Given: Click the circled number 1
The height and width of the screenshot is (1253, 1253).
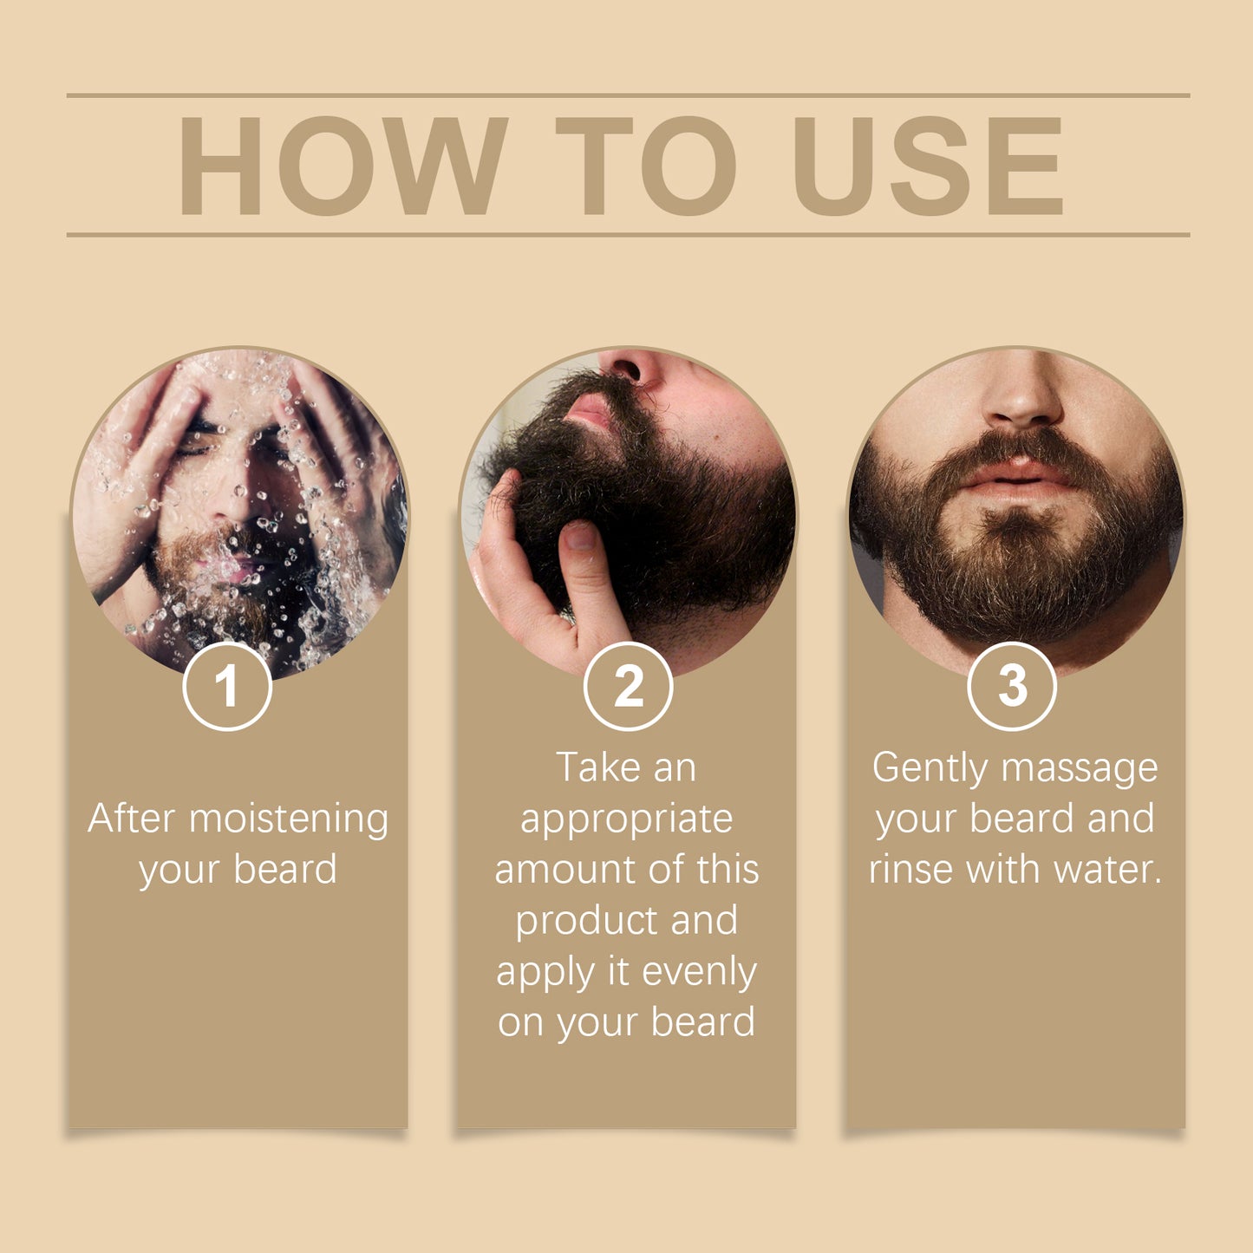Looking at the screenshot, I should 227,686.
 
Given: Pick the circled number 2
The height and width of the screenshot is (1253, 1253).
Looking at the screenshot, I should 628,686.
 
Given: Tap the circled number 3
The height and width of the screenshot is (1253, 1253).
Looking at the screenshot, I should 1011,686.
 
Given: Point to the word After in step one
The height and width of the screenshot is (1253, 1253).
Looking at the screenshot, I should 131,819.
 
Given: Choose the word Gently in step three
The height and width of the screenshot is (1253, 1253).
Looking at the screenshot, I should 929,769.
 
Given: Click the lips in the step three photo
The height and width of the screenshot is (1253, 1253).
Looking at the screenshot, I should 1017,476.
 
